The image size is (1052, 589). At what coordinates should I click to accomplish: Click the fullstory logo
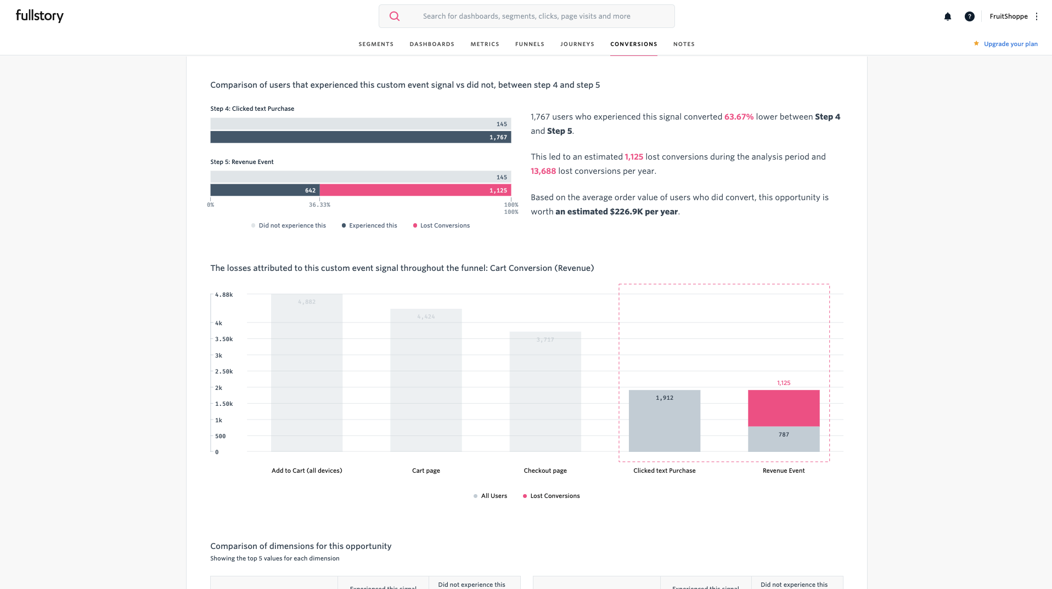(40, 16)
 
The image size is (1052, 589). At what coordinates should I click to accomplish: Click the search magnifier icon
(394, 16)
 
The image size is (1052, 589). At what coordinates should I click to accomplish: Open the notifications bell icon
(947, 16)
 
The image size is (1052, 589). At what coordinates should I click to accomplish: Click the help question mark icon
(969, 16)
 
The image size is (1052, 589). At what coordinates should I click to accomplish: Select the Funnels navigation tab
(530, 44)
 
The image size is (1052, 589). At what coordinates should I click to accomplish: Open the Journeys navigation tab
(577, 44)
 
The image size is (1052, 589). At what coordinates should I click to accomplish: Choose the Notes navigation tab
(684, 44)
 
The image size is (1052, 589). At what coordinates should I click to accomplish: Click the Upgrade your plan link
(1010, 44)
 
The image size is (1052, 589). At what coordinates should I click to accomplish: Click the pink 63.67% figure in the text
(739, 117)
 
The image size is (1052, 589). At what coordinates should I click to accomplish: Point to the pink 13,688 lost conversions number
(543, 171)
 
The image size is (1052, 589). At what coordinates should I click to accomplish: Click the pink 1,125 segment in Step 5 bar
(415, 190)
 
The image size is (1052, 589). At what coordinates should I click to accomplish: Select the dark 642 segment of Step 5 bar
(265, 190)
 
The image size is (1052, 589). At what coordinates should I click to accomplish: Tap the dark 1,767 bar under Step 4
(360, 137)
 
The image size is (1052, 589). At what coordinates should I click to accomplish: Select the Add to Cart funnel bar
(306, 373)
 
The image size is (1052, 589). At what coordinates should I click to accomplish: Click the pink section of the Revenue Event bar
(783, 408)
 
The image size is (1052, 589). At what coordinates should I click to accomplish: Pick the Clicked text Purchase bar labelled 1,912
(664, 421)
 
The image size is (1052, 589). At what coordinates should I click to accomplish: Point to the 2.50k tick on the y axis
(224, 371)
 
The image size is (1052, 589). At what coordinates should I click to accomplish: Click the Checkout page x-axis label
(545, 471)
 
